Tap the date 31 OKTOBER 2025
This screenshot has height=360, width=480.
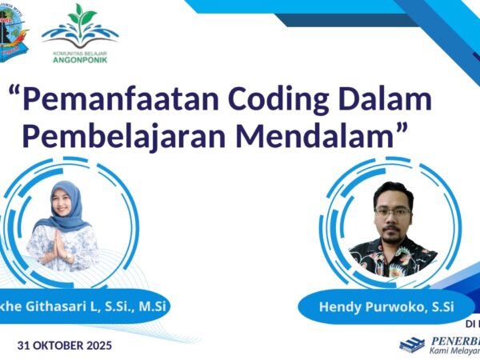click(65, 346)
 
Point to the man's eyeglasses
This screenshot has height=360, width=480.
click(392, 212)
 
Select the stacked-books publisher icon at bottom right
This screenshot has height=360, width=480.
click(413, 344)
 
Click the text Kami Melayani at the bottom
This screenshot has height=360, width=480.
click(456, 352)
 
